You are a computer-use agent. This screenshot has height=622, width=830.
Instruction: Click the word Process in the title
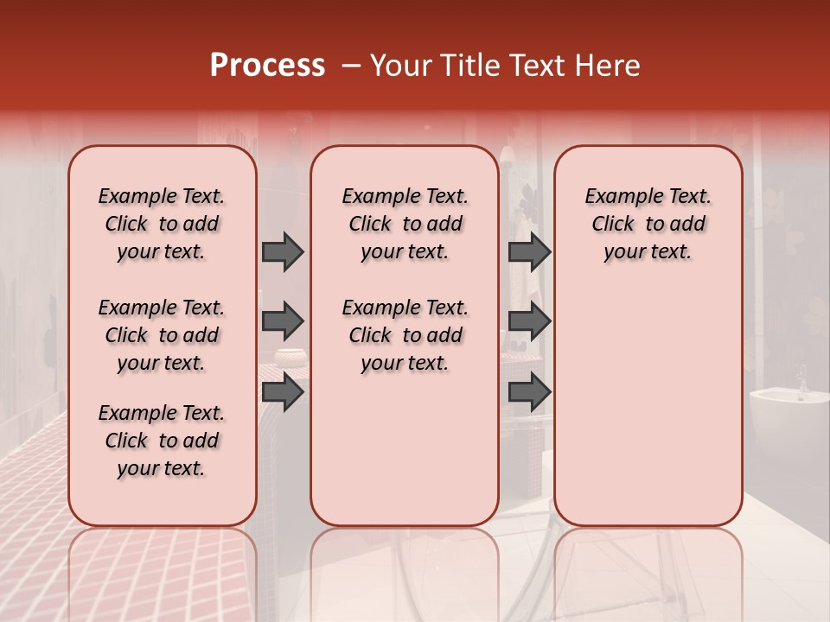[x=266, y=66]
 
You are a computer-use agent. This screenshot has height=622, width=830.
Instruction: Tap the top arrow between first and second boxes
[x=283, y=251]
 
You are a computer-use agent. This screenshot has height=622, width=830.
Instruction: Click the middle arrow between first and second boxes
[x=283, y=321]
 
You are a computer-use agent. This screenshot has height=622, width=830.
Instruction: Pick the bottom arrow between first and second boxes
[x=283, y=392]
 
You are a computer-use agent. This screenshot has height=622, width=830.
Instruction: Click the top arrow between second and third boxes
[x=529, y=251]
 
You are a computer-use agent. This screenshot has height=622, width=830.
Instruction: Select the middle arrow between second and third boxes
[x=529, y=321]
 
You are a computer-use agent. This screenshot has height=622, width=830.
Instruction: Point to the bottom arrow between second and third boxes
[x=529, y=392]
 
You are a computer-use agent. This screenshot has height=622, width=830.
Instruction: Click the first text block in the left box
[x=162, y=224]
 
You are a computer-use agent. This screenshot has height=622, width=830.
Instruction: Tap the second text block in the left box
[x=162, y=335]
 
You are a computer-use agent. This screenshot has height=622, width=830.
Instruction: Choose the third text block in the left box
[x=162, y=441]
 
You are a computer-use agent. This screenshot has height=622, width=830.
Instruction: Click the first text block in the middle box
[x=405, y=224]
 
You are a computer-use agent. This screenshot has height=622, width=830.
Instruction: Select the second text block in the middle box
[x=405, y=335]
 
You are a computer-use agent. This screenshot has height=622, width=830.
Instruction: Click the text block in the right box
[x=648, y=224]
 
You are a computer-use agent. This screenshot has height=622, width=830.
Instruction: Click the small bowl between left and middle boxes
[x=290, y=356]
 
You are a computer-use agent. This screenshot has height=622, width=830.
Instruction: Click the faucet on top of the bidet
[x=803, y=381]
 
